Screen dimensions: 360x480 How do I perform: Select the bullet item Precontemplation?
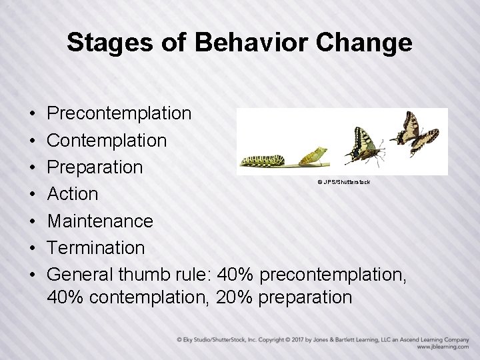119,113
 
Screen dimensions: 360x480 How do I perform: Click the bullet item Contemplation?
107,140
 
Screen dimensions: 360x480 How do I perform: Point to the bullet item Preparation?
95,167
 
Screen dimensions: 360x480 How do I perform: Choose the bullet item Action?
73,194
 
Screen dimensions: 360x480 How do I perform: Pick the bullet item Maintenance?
100,221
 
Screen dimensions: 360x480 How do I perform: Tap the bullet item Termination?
96,247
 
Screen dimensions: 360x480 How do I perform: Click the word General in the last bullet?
81,274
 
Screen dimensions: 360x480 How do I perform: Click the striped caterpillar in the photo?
263,161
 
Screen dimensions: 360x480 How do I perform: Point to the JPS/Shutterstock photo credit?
343,182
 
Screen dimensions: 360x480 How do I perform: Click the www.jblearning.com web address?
443,347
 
